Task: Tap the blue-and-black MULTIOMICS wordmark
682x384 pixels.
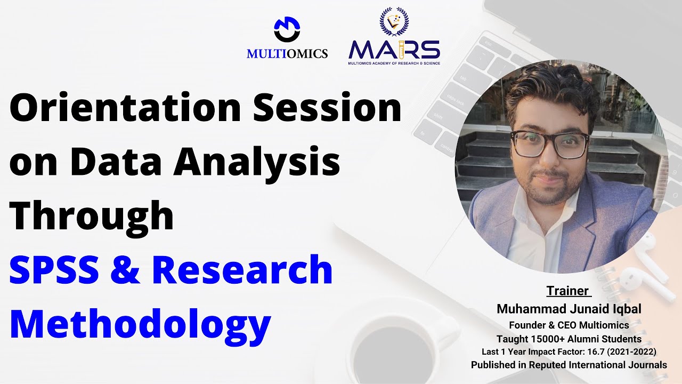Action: click(287, 53)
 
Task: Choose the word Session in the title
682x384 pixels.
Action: click(327, 108)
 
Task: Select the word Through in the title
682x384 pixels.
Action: click(92, 217)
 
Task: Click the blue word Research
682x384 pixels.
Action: click(242, 270)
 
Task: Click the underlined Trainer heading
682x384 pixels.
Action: click(568, 291)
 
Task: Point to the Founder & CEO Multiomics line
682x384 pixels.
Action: click(569, 325)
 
